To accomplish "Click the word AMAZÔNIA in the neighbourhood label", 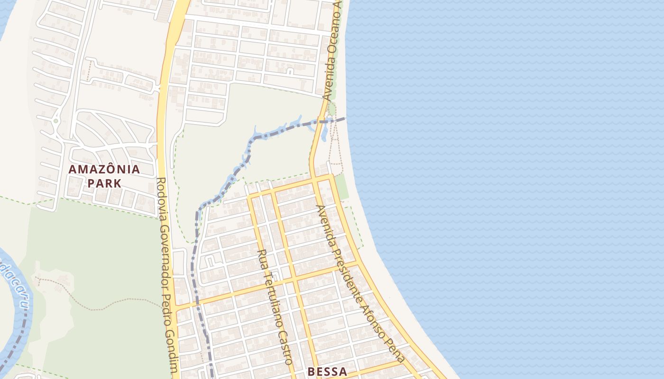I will tap(104, 169).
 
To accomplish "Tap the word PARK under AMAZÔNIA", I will tap(104, 183).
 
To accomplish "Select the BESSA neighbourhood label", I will tap(327, 371).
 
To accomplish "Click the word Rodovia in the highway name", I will tap(161, 195).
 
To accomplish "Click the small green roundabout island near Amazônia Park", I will tap(56, 121).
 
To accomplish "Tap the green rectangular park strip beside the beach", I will tap(341, 187).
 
